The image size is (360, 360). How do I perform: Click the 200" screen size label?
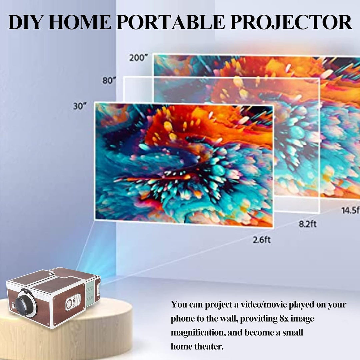pos(138,58)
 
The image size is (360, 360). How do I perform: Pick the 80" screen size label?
pos(109,81)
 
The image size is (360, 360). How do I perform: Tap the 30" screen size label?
pos(80,106)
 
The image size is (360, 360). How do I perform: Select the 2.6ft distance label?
pos(262,240)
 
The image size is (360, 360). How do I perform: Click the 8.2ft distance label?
pos(308,224)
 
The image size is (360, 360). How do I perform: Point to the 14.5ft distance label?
pos(351,210)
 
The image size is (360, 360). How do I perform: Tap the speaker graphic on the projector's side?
pos(73,302)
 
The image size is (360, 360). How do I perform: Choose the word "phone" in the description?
pos(182,319)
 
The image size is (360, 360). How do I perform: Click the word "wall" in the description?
pos(229,319)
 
